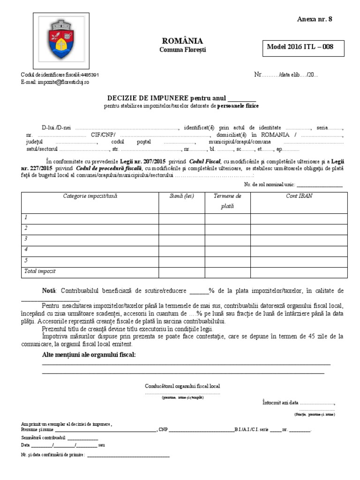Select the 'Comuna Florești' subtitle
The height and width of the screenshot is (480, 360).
(x=182, y=49)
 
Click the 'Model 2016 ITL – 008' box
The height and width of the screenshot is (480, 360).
(x=300, y=47)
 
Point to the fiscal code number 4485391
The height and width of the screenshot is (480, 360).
(x=90, y=75)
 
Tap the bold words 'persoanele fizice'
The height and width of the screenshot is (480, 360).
(x=238, y=106)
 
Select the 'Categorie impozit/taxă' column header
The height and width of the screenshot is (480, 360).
(x=90, y=196)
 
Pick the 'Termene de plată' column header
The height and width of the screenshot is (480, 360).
(x=227, y=201)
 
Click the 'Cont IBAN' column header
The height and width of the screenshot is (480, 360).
(x=299, y=196)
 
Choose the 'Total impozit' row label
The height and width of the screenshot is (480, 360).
(x=40, y=271)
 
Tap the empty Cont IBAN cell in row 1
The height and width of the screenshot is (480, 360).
(x=299, y=217)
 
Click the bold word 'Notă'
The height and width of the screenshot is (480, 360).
(x=49, y=291)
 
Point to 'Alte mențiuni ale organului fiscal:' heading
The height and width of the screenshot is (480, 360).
(x=89, y=354)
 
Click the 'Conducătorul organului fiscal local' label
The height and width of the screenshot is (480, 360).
(x=182, y=386)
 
